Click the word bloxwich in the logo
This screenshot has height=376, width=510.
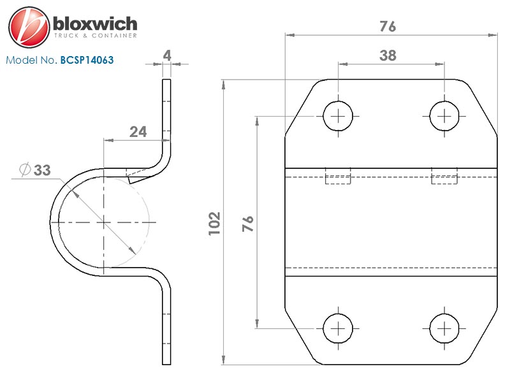(x=94, y=24)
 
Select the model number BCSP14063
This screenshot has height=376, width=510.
(x=87, y=61)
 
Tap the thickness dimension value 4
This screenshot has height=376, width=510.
(x=167, y=55)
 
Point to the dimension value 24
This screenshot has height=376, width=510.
(x=138, y=132)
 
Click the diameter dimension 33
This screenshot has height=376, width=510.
(x=42, y=170)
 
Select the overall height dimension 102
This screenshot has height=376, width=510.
(x=214, y=223)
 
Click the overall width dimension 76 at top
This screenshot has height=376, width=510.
(x=388, y=26)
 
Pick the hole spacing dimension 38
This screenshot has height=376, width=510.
(x=388, y=55)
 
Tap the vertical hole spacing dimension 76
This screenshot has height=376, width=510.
(x=247, y=223)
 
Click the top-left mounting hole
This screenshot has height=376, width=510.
(x=338, y=116)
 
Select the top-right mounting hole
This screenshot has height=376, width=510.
(x=444, y=116)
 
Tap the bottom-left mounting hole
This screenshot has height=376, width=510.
(x=338, y=328)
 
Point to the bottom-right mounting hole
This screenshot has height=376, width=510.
(x=444, y=328)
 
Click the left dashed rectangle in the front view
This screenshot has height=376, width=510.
(x=338, y=177)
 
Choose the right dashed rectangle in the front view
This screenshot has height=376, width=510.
(x=444, y=177)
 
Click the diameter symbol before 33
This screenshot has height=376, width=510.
(x=24, y=170)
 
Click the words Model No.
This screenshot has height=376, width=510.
(x=31, y=61)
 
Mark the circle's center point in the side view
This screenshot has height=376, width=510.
(x=103, y=222)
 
